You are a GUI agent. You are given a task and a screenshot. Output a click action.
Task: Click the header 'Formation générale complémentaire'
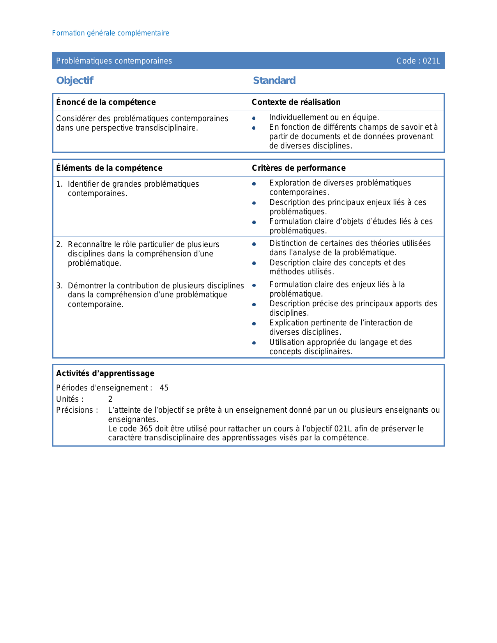click(x=110, y=33)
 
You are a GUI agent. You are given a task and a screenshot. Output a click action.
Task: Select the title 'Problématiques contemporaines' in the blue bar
click(x=114, y=61)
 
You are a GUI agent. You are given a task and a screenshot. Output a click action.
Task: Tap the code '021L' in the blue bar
click(x=432, y=61)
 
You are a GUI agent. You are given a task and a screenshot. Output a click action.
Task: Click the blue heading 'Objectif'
click(x=74, y=80)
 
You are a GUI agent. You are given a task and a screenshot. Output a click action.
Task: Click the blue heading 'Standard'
click(x=274, y=80)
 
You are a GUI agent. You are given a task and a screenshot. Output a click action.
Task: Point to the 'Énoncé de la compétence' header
click(x=106, y=102)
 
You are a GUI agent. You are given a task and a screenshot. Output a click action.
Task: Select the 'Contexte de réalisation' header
click(x=296, y=102)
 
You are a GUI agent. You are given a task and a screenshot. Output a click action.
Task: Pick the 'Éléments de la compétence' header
click(x=109, y=168)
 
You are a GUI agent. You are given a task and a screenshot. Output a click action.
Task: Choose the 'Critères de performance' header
click(x=299, y=168)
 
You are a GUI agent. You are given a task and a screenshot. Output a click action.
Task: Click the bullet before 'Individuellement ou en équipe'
click(x=254, y=118)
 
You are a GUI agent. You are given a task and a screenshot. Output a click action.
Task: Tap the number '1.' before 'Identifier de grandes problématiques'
click(x=59, y=184)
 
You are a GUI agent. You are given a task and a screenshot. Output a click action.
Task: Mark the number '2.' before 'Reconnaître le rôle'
click(x=59, y=244)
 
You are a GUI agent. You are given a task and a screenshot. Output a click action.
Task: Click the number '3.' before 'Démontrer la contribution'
click(x=59, y=286)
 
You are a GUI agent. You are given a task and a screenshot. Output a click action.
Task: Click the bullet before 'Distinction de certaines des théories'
click(x=254, y=244)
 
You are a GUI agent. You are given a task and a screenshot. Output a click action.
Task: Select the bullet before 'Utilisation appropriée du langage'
click(x=254, y=343)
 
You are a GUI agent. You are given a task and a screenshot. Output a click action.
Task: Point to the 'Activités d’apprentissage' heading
click(x=105, y=373)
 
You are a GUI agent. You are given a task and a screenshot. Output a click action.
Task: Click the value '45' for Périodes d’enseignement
click(x=164, y=388)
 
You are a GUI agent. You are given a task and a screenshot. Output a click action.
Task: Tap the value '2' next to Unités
click(x=110, y=399)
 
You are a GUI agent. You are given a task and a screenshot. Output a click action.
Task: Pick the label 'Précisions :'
click(x=77, y=410)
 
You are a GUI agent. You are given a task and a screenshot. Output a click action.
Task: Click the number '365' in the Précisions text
click(x=146, y=429)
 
